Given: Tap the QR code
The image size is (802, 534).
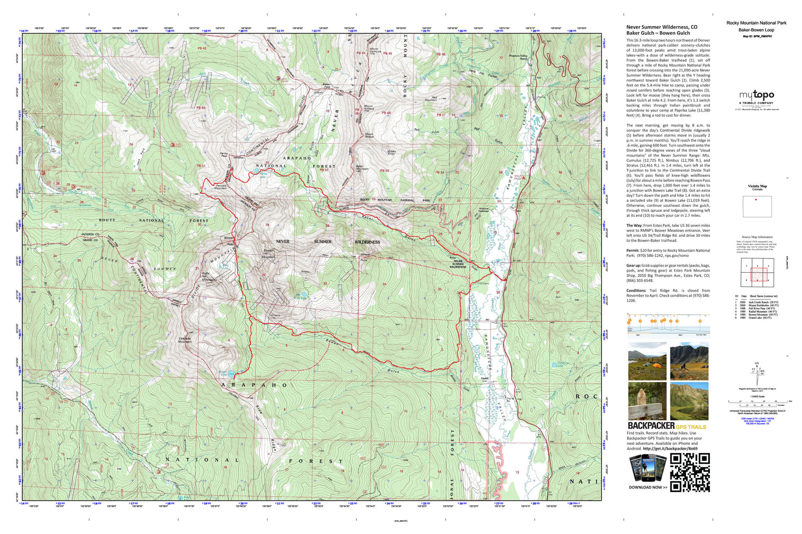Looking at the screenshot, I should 690,472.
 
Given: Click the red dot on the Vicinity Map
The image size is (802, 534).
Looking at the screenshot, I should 755,200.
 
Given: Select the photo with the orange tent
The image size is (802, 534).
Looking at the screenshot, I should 647,361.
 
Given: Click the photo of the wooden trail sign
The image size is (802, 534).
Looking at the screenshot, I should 647,401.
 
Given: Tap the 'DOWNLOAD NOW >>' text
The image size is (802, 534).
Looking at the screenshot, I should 648,487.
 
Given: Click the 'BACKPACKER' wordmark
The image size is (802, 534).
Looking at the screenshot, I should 650,426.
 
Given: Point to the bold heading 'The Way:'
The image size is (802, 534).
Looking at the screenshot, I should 634,226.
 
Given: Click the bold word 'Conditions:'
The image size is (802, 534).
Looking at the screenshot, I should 637,291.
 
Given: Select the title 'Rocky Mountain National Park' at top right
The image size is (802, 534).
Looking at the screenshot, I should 756,23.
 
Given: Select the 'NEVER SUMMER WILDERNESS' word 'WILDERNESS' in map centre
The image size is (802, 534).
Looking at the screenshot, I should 367,242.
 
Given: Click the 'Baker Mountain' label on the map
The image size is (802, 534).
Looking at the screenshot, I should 362,167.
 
